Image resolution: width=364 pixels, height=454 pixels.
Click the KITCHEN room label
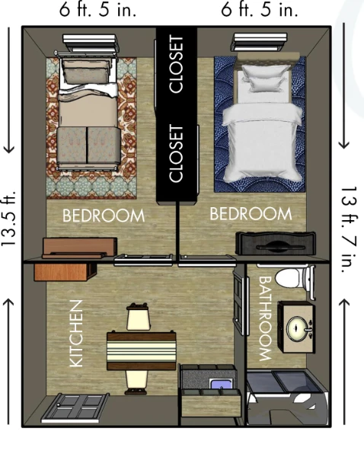(x=76, y=334)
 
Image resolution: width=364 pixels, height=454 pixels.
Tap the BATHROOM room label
(x=265, y=318)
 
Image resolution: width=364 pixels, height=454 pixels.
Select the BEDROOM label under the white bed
(x=251, y=213)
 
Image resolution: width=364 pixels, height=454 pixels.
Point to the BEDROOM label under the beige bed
(x=103, y=216)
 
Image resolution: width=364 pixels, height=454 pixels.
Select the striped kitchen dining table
(x=142, y=350)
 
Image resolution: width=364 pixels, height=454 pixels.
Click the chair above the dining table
(x=137, y=317)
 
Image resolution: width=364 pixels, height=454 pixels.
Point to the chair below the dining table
(x=137, y=379)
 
